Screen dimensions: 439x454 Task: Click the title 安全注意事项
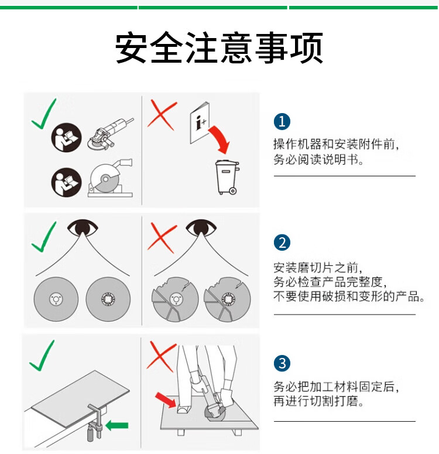click(x=219, y=47)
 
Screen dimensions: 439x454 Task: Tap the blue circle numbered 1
click(x=282, y=122)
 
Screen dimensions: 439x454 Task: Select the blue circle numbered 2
click(x=282, y=243)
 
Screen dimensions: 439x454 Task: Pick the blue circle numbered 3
click(x=282, y=363)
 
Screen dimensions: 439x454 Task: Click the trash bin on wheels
click(x=227, y=177)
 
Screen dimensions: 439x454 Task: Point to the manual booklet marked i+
click(x=200, y=122)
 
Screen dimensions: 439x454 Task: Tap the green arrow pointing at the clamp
click(x=117, y=425)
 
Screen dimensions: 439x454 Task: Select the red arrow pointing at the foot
click(x=165, y=400)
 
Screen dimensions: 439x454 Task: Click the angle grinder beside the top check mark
click(x=111, y=134)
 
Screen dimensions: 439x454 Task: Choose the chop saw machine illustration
click(x=110, y=178)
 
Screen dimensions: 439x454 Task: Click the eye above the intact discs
click(x=83, y=227)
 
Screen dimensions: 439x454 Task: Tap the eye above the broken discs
click(x=201, y=227)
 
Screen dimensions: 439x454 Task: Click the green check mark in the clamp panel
click(x=42, y=355)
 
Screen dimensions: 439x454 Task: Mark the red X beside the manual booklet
click(x=162, y=115)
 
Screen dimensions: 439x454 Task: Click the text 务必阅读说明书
click(x=316, y=159)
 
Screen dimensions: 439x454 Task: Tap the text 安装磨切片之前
click(x=315, y=268)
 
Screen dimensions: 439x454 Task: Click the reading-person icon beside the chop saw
click(x=66, y=182)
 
